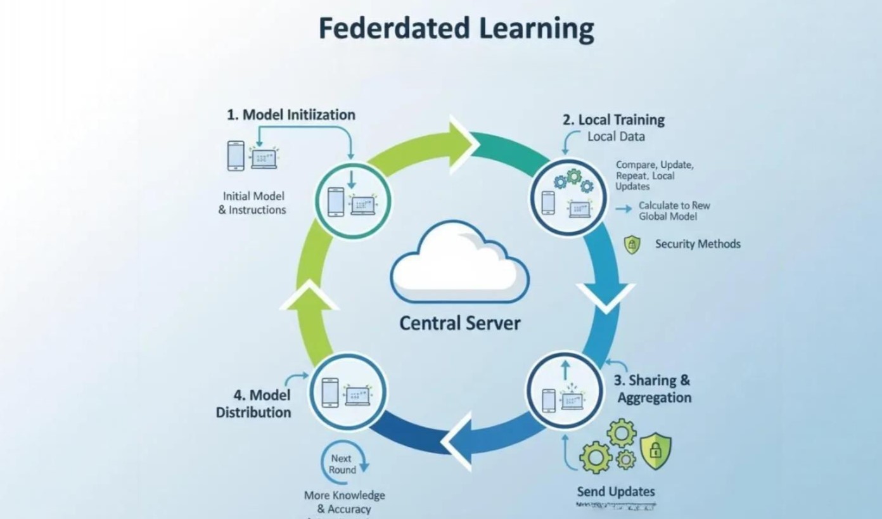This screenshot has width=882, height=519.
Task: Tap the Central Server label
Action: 459,323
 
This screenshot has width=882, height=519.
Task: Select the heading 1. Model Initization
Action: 291,115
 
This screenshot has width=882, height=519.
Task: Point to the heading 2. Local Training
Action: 613,119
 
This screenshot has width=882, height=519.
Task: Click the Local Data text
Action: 616,136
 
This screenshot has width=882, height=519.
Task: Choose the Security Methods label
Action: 697,244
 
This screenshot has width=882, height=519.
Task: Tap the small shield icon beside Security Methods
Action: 632,245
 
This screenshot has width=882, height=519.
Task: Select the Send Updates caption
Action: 616,492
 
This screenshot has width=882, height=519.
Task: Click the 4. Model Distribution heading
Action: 253,404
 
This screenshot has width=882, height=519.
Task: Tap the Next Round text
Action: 342,465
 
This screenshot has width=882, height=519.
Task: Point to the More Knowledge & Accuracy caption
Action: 344,502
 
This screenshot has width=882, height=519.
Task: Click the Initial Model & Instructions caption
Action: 253,203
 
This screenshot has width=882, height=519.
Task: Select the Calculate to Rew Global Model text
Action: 674,210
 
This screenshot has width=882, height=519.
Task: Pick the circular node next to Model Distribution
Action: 347,392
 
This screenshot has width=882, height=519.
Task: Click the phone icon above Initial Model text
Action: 236,155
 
